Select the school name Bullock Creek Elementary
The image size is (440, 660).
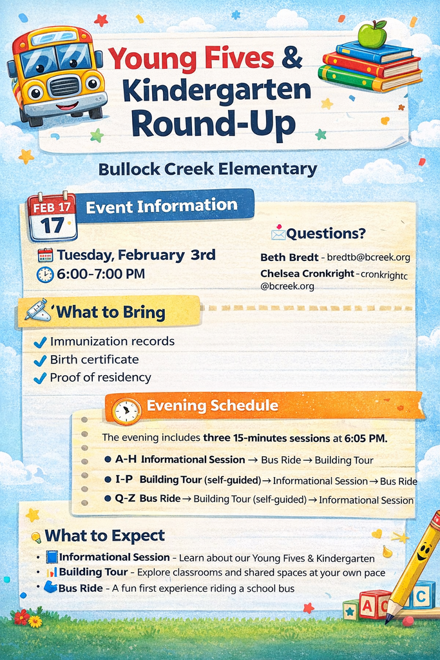tap(207, 170)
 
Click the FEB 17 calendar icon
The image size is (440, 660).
tap(52, 217)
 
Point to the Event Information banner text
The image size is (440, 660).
tap(162, 206)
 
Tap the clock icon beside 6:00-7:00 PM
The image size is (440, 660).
tap(45, 275)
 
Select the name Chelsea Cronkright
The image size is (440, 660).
tap(307, 273)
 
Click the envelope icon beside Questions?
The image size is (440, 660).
tap(278, 233)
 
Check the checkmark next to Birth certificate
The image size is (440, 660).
tap(40, 361)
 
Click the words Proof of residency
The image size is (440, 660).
tap(100, 378)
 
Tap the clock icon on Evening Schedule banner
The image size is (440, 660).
tap(127, 411)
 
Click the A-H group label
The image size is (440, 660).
tap(126, 460)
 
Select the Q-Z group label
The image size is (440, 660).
tap(126, 498)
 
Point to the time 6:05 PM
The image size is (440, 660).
tap(365, 438)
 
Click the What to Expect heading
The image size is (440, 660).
tap(104, 536)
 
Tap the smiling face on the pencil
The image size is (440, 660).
tap(423, 552)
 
